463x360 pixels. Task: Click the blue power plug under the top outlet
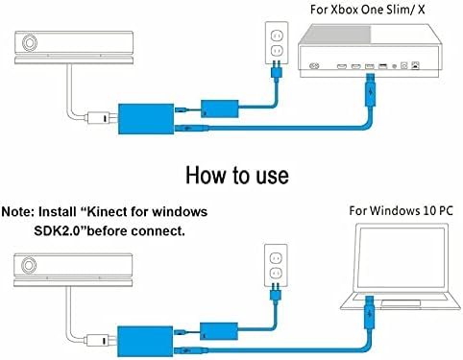pyautogui.click(x=277, y=70)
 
